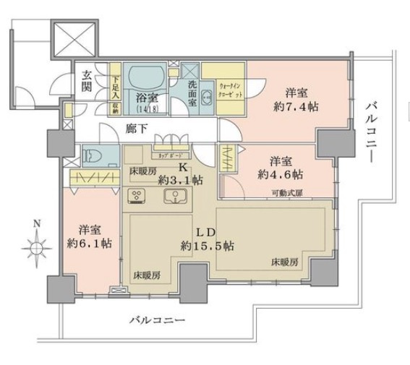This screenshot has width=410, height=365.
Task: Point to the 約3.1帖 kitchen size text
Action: point(175,179)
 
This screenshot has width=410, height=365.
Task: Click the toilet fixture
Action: point(96,155)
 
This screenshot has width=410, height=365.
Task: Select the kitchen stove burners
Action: point(137,195)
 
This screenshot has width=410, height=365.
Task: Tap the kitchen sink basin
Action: point(174,195)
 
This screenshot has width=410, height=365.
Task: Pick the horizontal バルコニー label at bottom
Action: point(158,319)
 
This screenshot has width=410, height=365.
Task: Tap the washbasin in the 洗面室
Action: point(205,100)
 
